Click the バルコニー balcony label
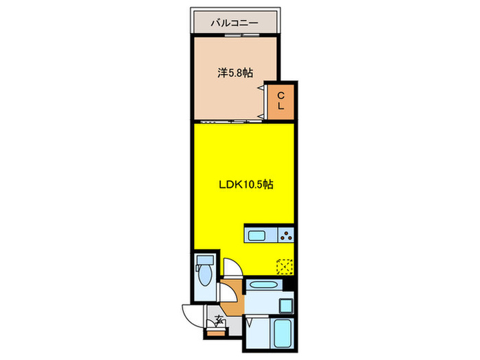235,23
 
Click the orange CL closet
281,100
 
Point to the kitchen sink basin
260,236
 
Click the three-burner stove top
285,236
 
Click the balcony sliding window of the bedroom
235,36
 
